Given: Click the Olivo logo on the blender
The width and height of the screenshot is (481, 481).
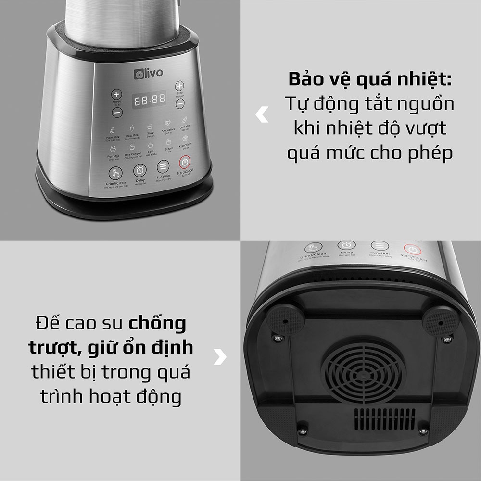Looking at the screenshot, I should [148, 73].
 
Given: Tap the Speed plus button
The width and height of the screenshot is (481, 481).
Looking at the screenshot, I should [116, 94].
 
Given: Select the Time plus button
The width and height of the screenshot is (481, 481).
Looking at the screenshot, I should [179, 86].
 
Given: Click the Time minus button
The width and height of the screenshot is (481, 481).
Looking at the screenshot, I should [179, 103].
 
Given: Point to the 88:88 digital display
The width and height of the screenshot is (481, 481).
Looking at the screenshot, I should [150, 100].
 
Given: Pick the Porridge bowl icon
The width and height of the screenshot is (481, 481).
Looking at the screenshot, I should [114, 149].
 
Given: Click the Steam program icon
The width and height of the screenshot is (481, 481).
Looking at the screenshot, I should [169, 142].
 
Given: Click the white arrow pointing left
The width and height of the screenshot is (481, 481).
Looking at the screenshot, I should [262, 114].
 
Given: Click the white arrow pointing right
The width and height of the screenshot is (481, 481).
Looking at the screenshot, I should [220, 356].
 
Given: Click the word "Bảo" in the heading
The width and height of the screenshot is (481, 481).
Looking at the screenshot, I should [307, 79].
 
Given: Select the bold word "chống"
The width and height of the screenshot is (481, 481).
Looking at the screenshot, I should [157, 323].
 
